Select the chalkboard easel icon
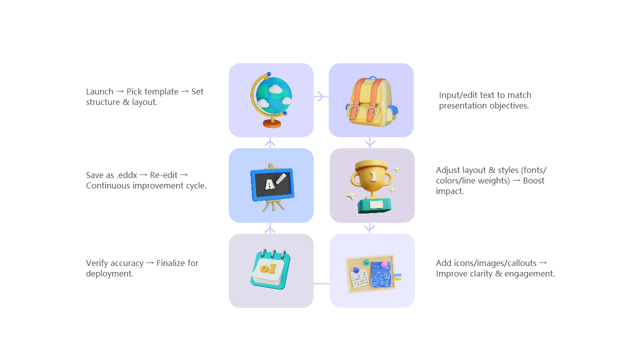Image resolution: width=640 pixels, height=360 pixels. pos(271,185)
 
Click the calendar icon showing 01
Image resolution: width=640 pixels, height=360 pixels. pos(270,270)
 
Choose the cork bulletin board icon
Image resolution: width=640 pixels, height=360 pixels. pos(372,272)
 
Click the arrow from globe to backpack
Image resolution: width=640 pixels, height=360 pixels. pos(321,96)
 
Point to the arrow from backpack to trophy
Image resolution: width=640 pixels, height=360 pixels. pos(370,142)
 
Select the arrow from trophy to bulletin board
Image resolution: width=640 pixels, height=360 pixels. pos(370,228)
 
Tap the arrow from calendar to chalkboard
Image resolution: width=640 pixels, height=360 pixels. pos(270,228)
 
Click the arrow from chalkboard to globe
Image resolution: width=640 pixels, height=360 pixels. pos(270,143)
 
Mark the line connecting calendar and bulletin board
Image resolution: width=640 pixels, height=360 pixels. pos(321,283)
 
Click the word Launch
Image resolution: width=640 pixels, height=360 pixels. pos(99,92)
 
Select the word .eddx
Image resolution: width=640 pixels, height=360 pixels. pos(125,175)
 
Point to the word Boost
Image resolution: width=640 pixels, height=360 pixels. pos(533,181)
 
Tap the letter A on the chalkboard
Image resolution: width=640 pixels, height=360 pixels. pos(269,185)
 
